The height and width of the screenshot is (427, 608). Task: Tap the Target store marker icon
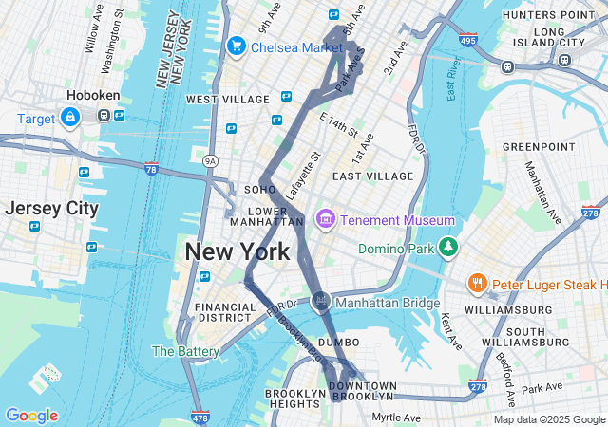(70, 118)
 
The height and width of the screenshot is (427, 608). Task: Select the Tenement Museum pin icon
(326, 220)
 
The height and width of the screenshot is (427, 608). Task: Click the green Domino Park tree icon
(447, 248)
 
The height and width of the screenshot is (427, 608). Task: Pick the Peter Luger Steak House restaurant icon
(477, 283)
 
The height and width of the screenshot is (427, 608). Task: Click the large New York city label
(237, 252)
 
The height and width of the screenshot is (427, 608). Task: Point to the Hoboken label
(92, 95)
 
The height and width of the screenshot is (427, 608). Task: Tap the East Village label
(373, 176)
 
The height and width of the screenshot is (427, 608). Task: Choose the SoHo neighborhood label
(259, 189)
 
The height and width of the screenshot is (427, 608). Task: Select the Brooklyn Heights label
(295, 399)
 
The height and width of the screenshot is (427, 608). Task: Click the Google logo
(31, 416)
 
